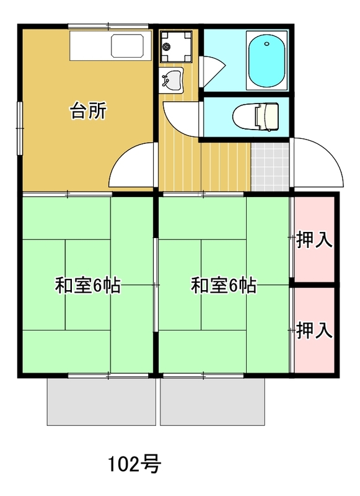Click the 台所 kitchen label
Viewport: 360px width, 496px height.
pyautogui.click(x=88, y=110)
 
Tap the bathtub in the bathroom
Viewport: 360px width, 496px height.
pyautogui.click(x=267, y=60)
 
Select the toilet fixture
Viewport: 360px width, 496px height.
pyautogui.click(x=256, y=117)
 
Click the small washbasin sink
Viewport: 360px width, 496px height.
pyautogui.click(x=171, y=80)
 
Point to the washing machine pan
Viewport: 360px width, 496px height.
pyautogui.click(x=176, y=46)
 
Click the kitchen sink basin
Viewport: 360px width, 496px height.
pyautogui.click(x=127, y=46)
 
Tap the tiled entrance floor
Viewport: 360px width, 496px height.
pyautogui.click(x=270, y=167)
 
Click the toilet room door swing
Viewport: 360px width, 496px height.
pyautogui.click(x=182, y=117)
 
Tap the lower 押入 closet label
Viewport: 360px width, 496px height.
pyautogui.click(x=314, y=330)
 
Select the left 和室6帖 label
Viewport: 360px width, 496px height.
pyautogui.click(x=88, y=285)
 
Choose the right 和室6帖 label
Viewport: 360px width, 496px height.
pyautogui.click(x=224, y=285)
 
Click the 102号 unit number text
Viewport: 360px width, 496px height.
pyautogui.click(x=135, y=464)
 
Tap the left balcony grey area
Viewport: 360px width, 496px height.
pyautogui.click(x=101, y=402)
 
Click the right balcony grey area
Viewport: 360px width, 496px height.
pyautogui.click(x=213, y=402)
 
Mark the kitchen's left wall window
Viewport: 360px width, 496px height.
pyautogui.click(x=20, y=128)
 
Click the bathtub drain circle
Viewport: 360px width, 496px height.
pyautogui.click(x=267, y=44)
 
